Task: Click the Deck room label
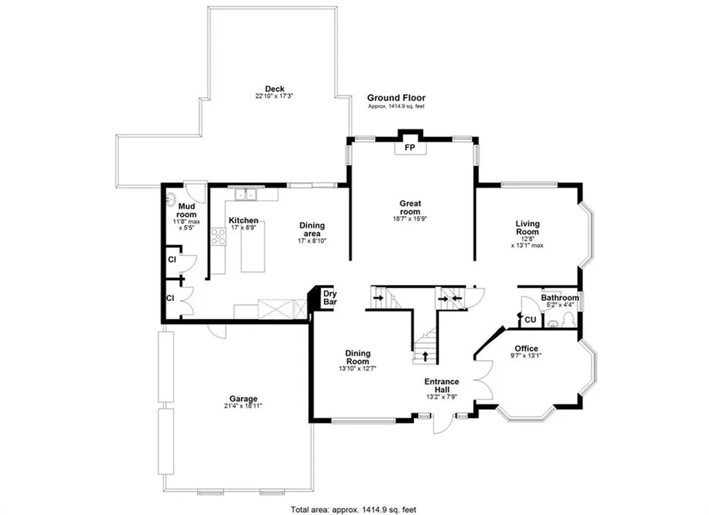pyautogui.click(x=275, y=89)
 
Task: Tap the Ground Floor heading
pyautogui.click(x=396, y=98)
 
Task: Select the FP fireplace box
pyautogui.click(x=410, y=147)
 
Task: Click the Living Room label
pyautogui.click(x=527, y=228)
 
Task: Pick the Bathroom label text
pyautogui.click(x=559, y=298)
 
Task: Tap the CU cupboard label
pyautogui.click(x=530, y=320)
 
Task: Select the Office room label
pyautogui.click(x=526, y=348)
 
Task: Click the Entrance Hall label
pyautogui.click(x=442, y=386)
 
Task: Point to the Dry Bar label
pyautogui.click(x=330, y=298)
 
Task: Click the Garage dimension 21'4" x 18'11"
pyautogui.click(x=244, y=406)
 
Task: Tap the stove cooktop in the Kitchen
pyautogui.click(x=219, y=237)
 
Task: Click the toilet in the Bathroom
pyautogui.click(x=568, y=319)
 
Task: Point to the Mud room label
pyautogui.click(x=187, y=210)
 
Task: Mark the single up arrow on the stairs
pyautogui.click(x=424, y=357)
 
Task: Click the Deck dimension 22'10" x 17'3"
pyautogui.click(x=274, y=96)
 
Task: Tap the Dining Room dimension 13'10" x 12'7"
pyautogui.click(x=358, y=369)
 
